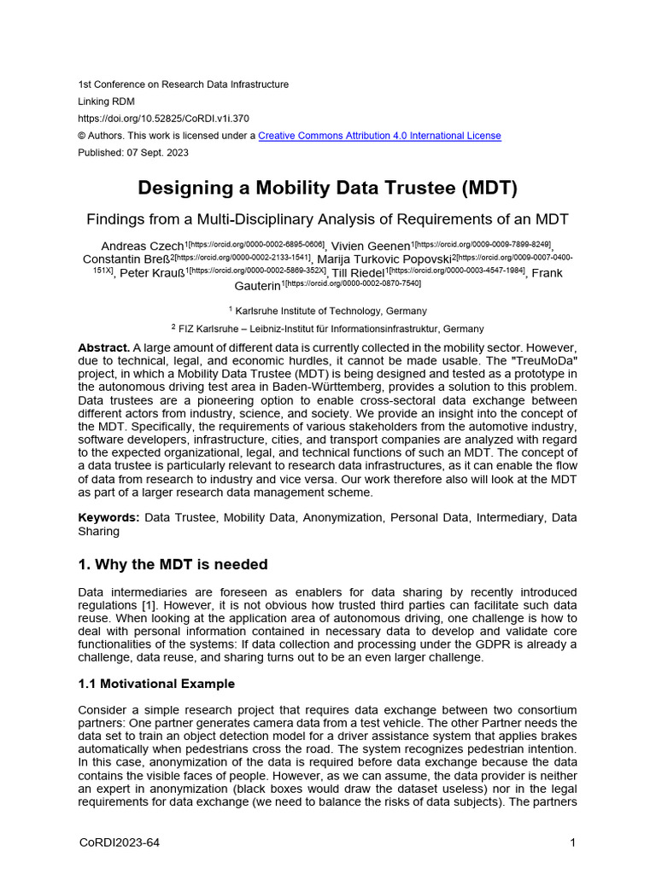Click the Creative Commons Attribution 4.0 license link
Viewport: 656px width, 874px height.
(379, 136)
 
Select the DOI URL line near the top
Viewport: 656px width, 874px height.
(163, 119)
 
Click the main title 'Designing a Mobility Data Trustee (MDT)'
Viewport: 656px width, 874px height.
(327, 187)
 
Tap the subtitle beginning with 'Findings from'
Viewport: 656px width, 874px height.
(327, 218)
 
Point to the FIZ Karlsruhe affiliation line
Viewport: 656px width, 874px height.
(327, 328)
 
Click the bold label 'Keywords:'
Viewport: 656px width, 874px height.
(108, 517)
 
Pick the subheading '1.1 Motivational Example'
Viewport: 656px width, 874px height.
(156, 684)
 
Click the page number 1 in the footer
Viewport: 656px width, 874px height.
(573, 843)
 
